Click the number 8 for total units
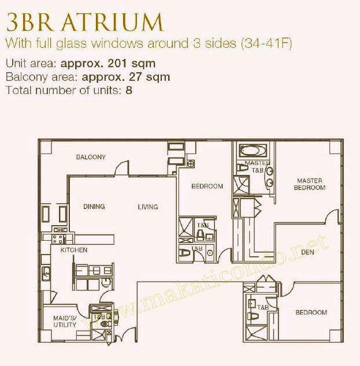click(129, 90)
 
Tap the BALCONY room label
click(91, 157)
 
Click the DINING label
click(94, 207)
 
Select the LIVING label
click(148, 207)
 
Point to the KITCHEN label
click(74, 250)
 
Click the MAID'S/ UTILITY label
click(65, 321)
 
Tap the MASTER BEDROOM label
click(309, 184)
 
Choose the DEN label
click(307, 252)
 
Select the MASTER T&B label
click(254, 166)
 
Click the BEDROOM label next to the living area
click(207, 186)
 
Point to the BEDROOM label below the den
click(311, 312)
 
